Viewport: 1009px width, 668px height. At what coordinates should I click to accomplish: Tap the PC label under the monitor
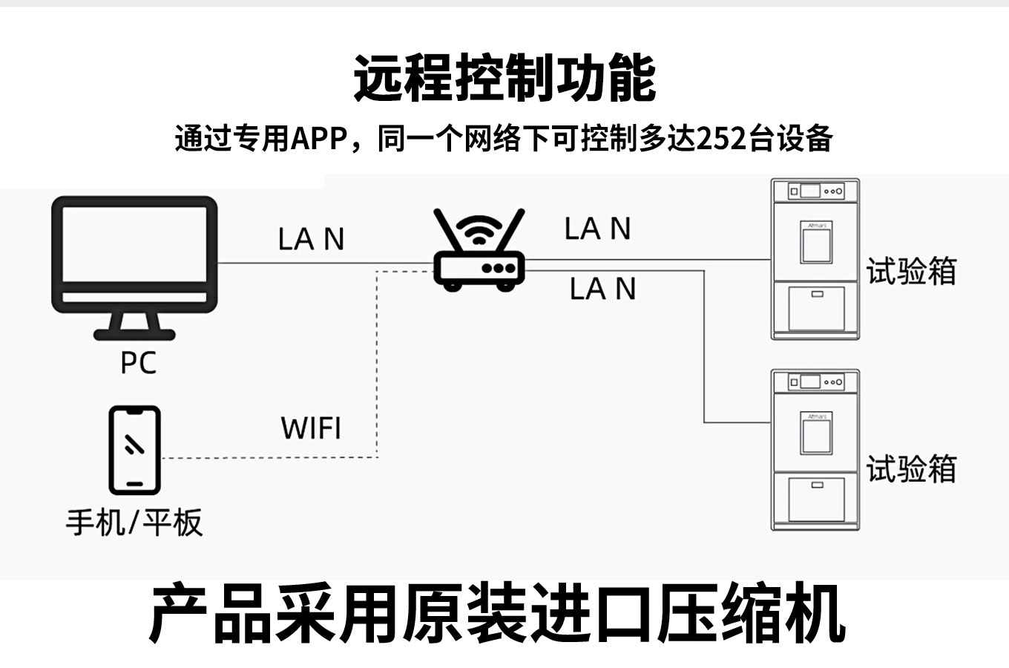139,363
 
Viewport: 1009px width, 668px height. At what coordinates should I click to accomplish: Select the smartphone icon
134,450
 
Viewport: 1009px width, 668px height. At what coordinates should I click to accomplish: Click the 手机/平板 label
134,522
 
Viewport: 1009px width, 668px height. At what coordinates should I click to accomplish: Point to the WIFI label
311,428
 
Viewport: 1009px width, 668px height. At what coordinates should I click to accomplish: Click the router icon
479,252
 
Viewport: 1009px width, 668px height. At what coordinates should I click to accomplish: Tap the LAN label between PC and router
311,239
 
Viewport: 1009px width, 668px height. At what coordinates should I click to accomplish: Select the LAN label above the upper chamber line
597,229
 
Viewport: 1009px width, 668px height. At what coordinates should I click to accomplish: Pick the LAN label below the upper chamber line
602,289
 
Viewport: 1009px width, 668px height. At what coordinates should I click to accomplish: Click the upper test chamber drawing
815,259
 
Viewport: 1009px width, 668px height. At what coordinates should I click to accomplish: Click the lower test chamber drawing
815,451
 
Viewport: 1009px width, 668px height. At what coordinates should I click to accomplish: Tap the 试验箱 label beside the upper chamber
911,272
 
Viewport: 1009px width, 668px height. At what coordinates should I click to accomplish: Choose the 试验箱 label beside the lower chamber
911,469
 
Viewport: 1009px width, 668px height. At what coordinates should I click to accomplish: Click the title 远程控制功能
504,78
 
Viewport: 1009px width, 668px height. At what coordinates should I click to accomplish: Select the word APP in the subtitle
319,139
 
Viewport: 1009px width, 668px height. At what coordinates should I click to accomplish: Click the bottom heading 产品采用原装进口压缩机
497,615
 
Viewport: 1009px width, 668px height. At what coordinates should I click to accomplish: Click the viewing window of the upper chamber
815,242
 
